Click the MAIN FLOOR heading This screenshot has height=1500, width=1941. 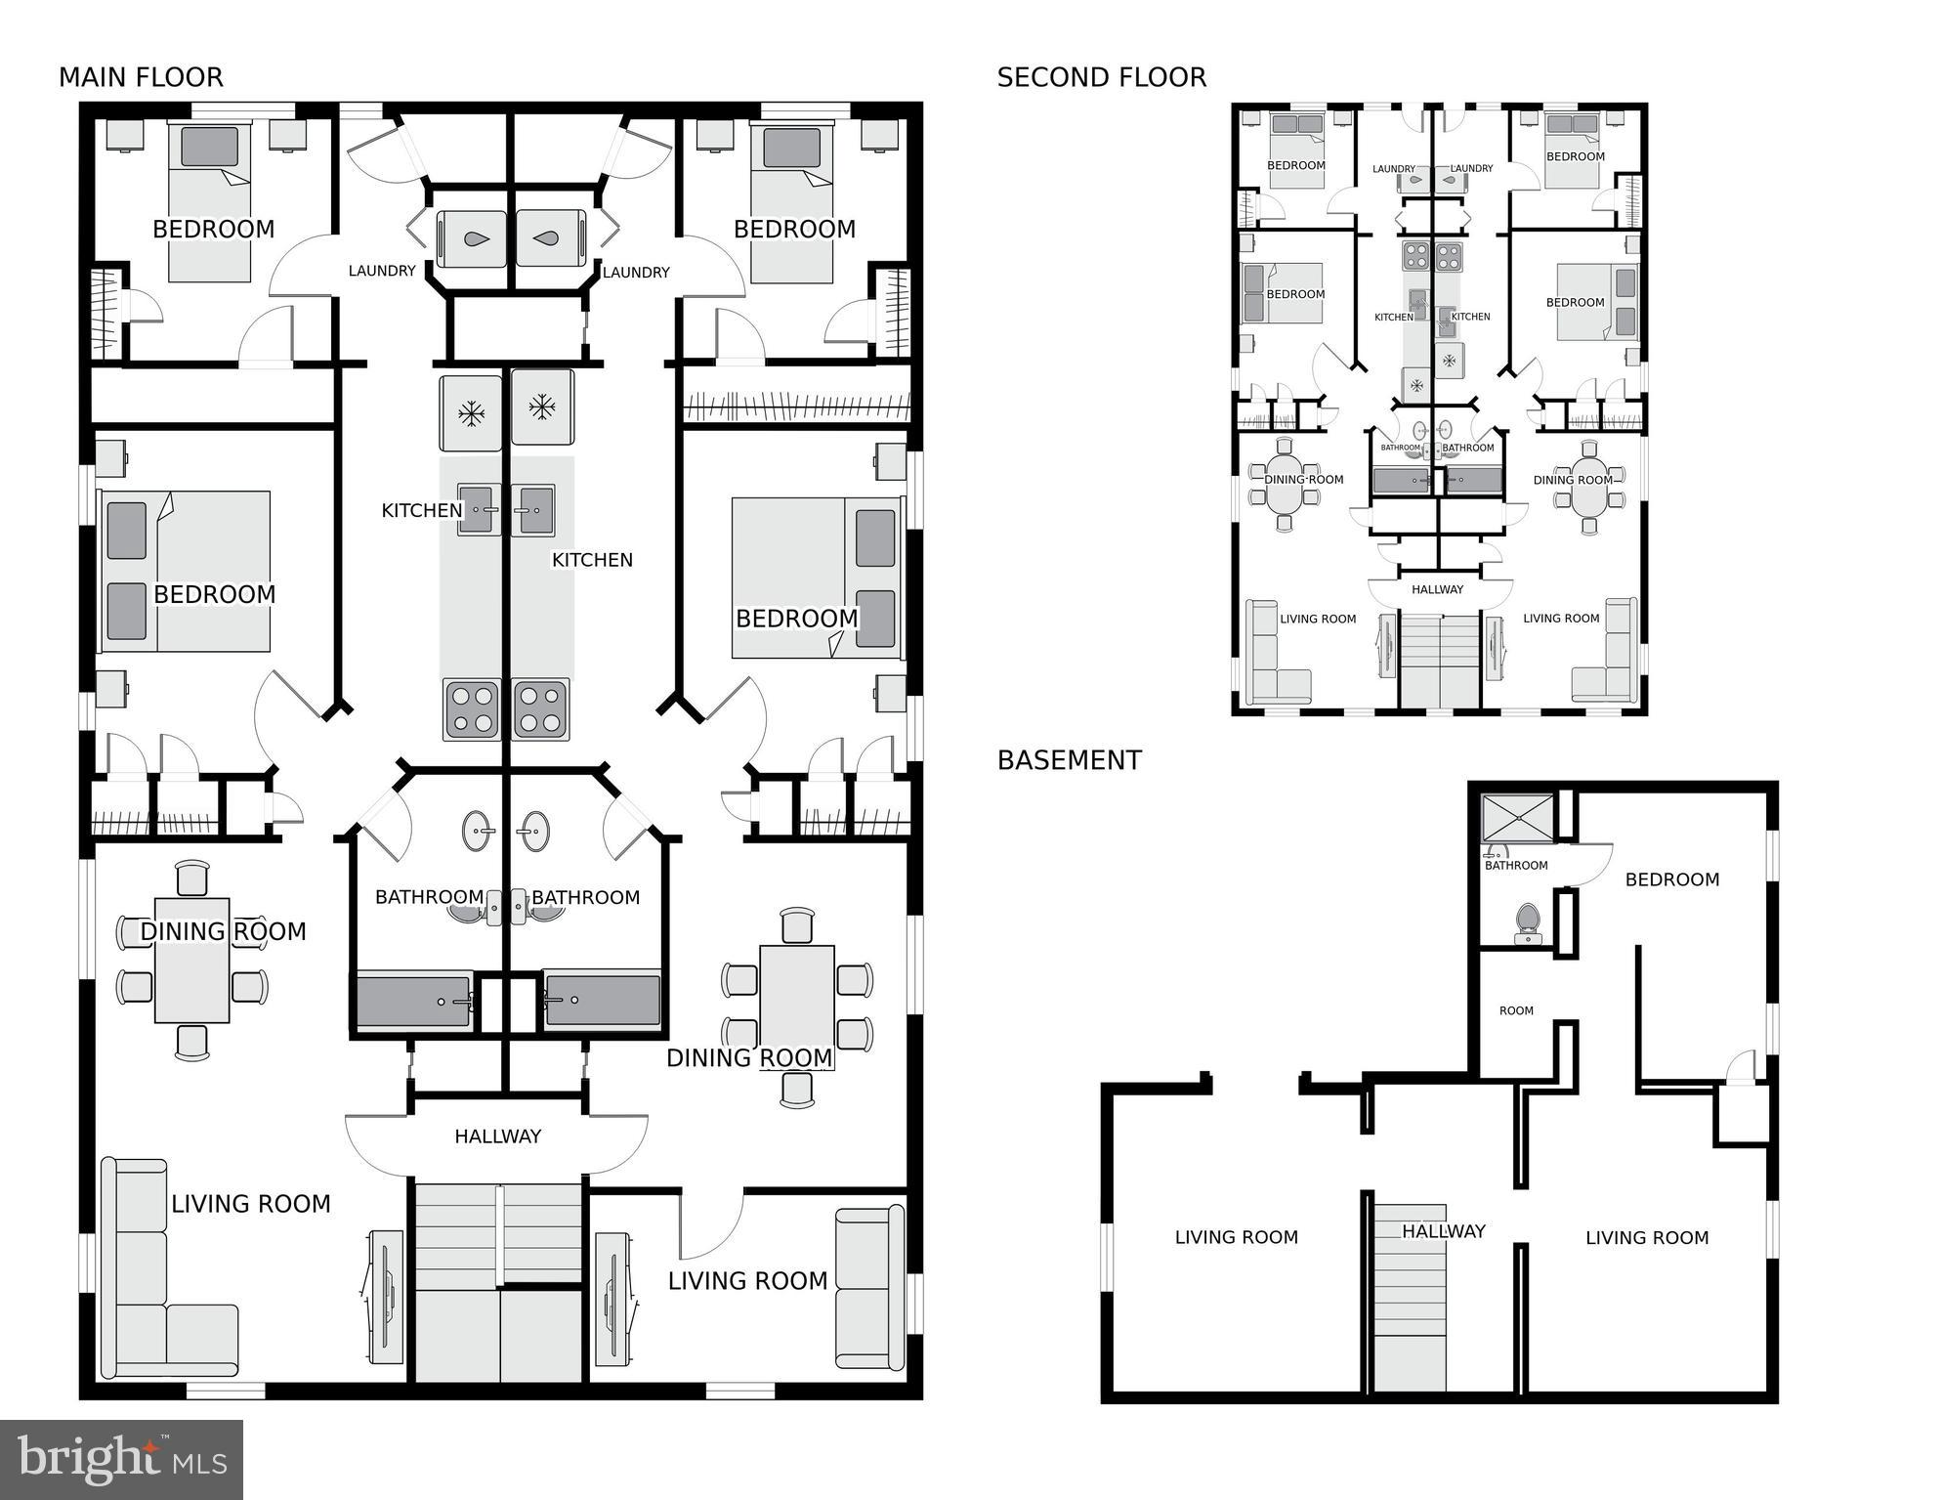pyautogui.click(x=141, y=77)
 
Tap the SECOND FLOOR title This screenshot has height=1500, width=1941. pyautogui.click(x=1101, y=77)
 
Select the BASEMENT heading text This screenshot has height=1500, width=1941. pyautogui.click(x=1069, y=760)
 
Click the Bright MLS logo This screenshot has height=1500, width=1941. pyautogui.click(x=121, y=1459)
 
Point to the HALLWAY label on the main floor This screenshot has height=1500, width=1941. pyautogui.click(x=497, y=1136)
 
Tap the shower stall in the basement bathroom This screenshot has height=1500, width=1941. pyautogui.click(x=1517, y=818)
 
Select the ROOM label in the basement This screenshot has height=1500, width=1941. pyautogui.click(x=1516, y=1010)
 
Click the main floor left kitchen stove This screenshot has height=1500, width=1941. pyautogui.click(x=473, y=709)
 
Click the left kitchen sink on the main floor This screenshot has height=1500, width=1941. pyautogui.click(x=480, y=509)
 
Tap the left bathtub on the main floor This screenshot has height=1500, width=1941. pyautogui.click(x=414, y=1001)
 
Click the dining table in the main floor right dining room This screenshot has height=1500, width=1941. pyautogui.click(x=797, y=1008)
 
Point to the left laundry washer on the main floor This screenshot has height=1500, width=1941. pyautogui.click(x=472, y=238)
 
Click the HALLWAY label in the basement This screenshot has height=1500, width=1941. pyautogui.click(x=1444, y=1231)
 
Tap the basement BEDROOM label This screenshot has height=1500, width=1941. pyautogui.click(x=1672, y=879)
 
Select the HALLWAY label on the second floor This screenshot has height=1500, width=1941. pyautogui.click(x=1438, y=589)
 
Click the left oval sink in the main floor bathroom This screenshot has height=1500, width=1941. pyautogui.click(x=478, y=831)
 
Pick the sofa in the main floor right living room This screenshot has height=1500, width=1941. pyautogui.click(x=869, y=1288)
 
